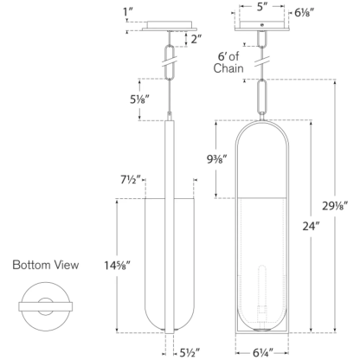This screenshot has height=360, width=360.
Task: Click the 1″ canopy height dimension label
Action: pyautogui.click(x=128, y=12)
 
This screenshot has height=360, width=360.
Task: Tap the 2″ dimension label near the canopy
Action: pyautogui.click(x=196, y=39)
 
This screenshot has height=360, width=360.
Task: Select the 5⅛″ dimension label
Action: pyautogui.click(x=139, y=100)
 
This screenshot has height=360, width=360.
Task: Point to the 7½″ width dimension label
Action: pyautogui.click(x=131, y=180)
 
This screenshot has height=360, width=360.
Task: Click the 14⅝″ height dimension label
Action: pyautogui.click(x=118, y=266)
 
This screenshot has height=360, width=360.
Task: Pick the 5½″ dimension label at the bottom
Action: pyautogui.click(x=190, y=352)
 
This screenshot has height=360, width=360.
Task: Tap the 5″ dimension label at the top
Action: pyautogui.click(x=260, y=7)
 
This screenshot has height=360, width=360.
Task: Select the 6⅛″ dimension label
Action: pyautogui.click(x=305, y=12)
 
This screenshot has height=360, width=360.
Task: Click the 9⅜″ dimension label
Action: pyautogui.click(x=217, y=159)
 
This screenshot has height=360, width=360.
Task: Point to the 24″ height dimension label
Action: pyautogui.click(x=309, y=226)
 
